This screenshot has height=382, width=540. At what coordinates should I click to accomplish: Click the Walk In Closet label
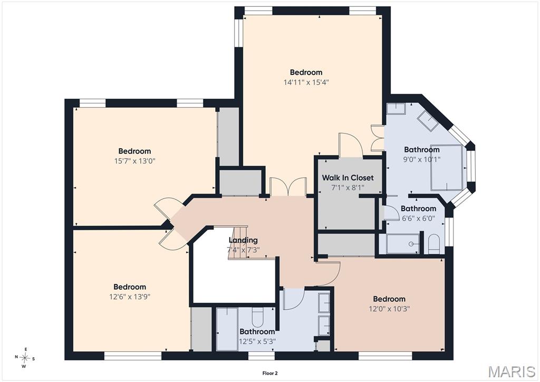coord(348,178)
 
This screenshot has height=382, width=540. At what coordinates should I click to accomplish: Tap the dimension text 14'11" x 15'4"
coord(306,82)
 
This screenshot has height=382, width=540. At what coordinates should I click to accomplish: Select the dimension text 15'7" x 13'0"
coord(134,161)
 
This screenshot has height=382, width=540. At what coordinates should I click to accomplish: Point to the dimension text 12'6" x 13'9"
coord(130,297)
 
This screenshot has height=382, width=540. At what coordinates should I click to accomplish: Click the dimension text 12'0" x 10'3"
coord(389,309)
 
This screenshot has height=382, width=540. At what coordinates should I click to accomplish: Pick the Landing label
coord(243,240)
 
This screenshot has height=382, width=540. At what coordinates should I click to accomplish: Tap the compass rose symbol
coord(25,358)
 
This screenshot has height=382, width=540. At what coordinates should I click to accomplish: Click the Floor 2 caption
coord(270,373)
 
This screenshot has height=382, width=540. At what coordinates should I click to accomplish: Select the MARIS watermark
coord(512,371)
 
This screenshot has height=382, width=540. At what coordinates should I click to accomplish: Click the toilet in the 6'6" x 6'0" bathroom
coord(434,244)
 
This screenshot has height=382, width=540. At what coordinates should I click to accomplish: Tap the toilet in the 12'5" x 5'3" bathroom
coord(257,318)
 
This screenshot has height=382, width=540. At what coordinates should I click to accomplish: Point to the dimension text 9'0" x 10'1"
coord(422,159)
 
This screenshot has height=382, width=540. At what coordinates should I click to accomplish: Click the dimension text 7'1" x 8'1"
coord(348,188)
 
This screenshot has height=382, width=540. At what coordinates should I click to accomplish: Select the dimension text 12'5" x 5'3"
coord(257,341)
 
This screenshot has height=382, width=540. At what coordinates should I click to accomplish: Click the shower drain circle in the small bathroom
coord(411,244)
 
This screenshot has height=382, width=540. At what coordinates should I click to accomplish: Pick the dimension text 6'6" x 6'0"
coord(418,218)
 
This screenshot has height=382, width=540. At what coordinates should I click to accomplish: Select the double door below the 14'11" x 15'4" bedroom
coord(288,187)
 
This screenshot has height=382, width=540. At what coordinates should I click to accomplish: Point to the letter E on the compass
coord(26,349)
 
